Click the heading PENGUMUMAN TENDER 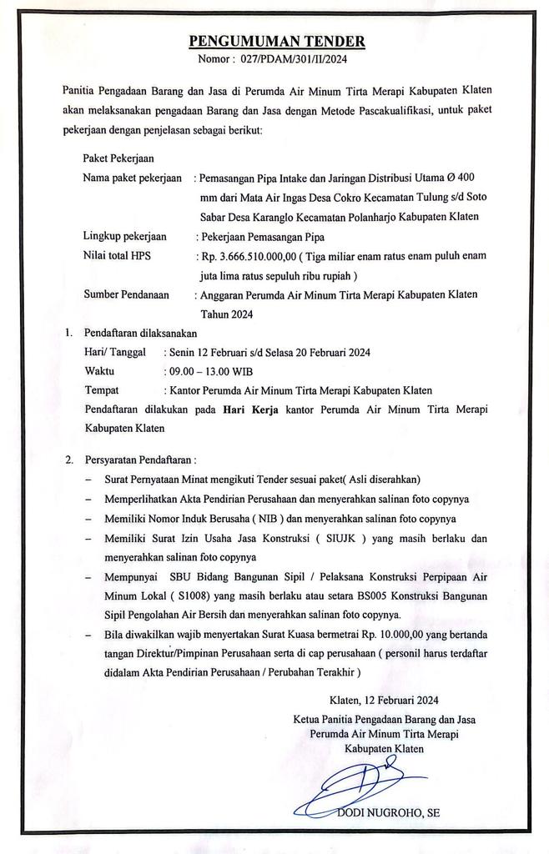276,42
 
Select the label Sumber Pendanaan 127,294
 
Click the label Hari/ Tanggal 120,351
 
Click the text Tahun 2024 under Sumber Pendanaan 225,314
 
